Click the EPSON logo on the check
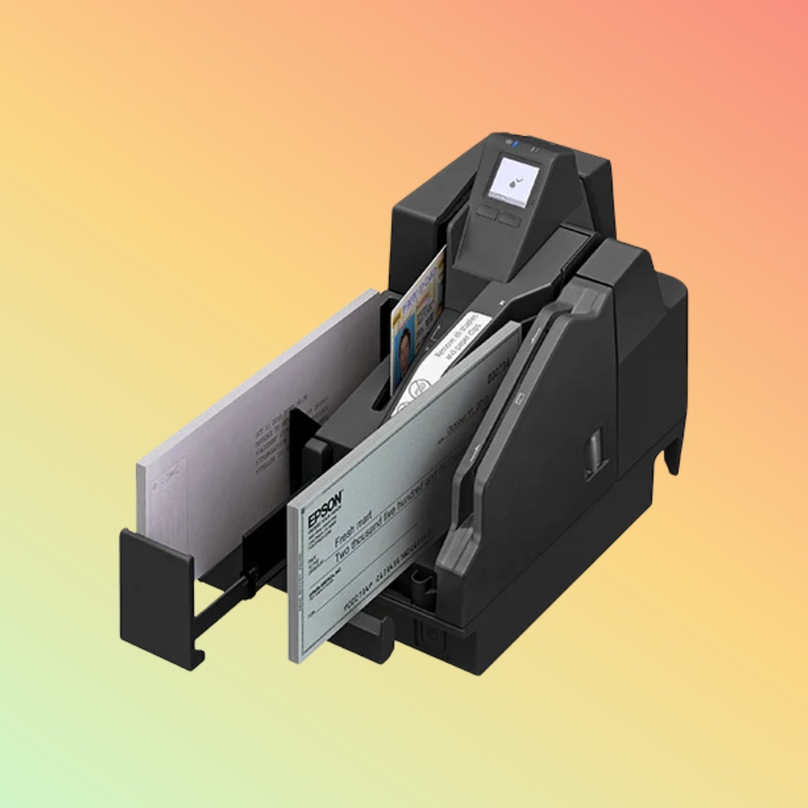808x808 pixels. [324, 509]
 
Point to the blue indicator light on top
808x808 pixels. [515, 144]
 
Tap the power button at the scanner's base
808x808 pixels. [431, 634]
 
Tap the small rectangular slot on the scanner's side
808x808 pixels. [596, 445]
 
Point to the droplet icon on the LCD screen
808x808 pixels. [513, 182]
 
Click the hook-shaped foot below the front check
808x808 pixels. [369, 632]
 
